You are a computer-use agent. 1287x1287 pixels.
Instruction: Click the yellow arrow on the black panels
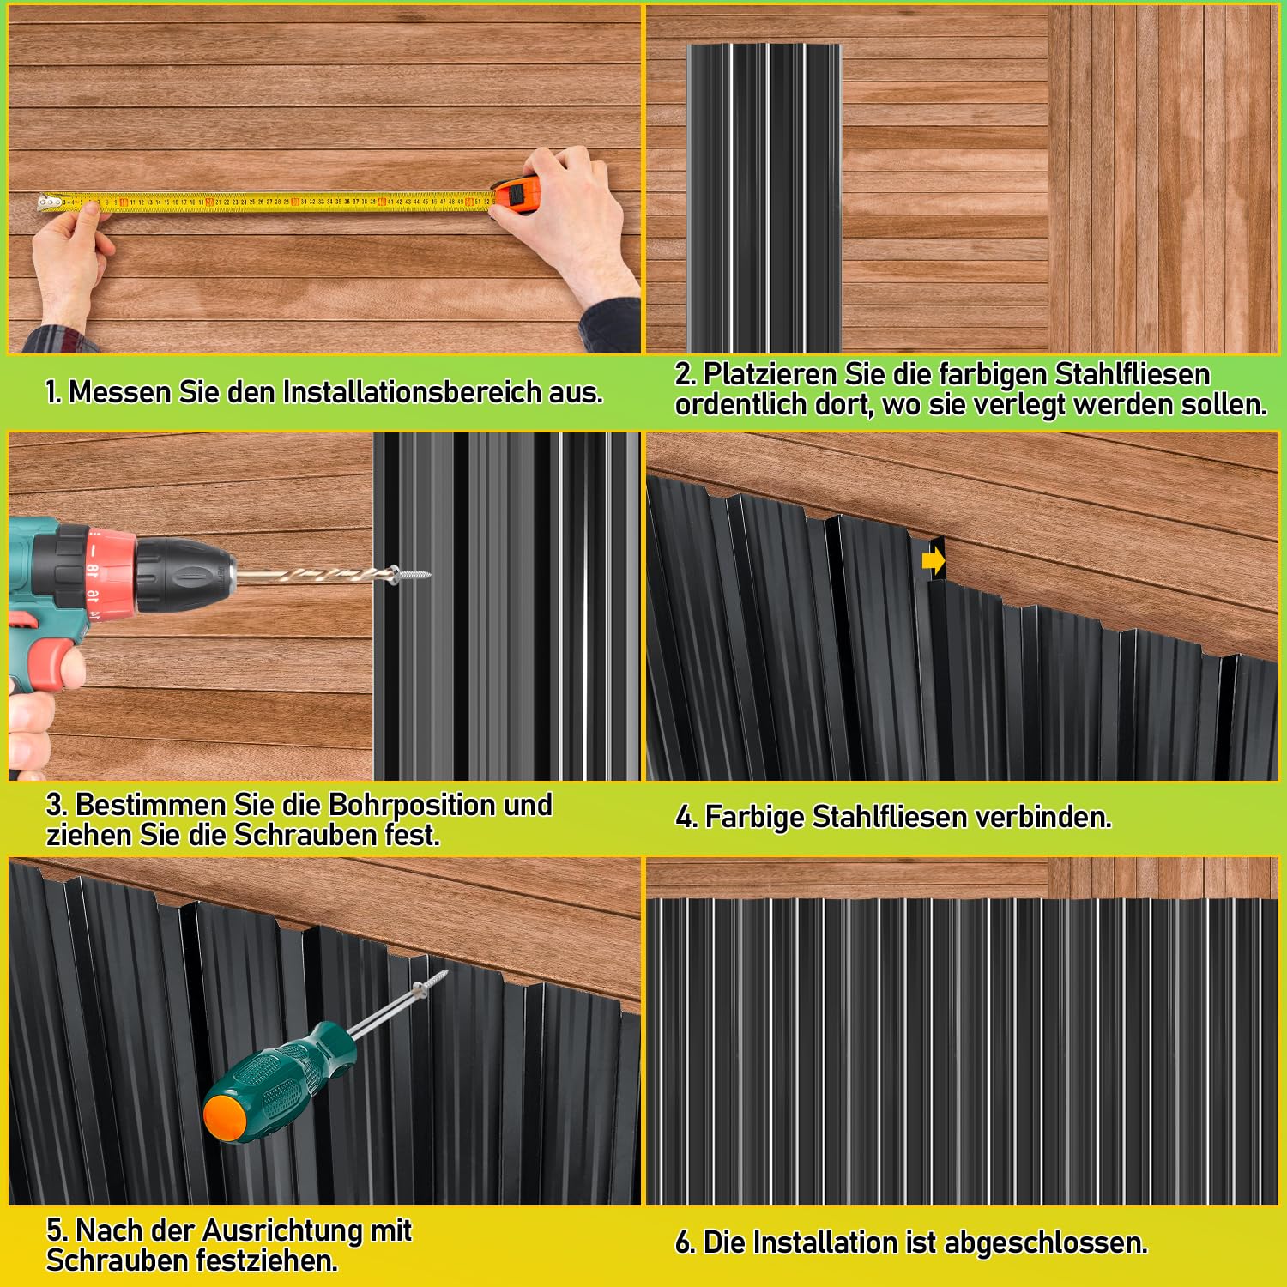pos(934,561)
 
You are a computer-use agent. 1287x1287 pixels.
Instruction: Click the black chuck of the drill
pos(184,572)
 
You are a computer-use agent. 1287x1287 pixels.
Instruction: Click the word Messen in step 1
pos(121,392)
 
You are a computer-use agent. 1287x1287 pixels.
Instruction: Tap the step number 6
pos(685,1242)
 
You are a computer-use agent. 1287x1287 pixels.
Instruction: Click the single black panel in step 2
pos(764,197)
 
